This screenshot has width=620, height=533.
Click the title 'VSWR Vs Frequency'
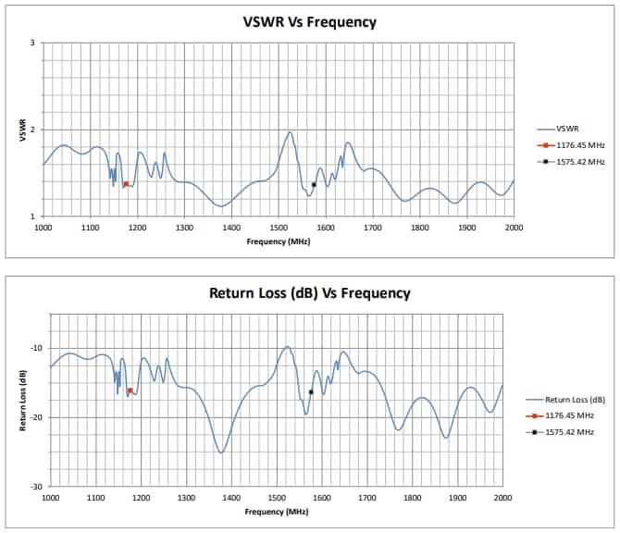click(x=310, y=22)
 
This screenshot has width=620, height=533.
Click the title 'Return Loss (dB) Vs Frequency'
click(x=310, y=292)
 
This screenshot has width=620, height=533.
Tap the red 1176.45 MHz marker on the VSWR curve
click(x=126, y=184)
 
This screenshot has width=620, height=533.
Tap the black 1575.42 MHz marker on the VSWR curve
click(x=314, y=184)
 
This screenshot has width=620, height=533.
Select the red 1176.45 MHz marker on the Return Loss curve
click(x=130, y=390)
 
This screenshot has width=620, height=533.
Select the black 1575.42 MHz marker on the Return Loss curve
click(x=311, y=391)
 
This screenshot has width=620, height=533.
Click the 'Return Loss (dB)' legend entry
click(x=575, y=400)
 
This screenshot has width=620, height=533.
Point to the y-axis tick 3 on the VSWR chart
click(x=32, y=43)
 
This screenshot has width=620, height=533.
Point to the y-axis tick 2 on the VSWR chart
click(x=32, y=130)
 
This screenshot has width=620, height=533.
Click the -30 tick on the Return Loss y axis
click(x=37, y=486)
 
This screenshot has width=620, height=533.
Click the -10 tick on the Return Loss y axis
click(x=37, y=348)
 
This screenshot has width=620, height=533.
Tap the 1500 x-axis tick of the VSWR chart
click(x=278, y=227)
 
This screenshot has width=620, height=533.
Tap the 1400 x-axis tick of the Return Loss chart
click(x=231, y=497)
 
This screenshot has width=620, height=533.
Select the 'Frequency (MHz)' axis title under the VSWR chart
click(x=278, y=241)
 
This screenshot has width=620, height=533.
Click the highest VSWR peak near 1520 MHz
click(x=290, y=131)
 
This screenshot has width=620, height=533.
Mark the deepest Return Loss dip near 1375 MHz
click(x=220, y=452)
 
